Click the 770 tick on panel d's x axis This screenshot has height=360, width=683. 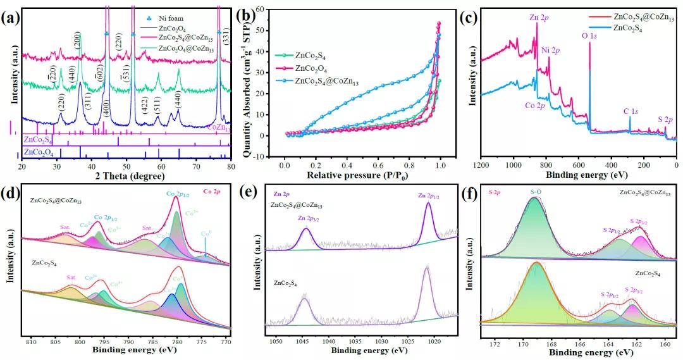click(x=226, y=341)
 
